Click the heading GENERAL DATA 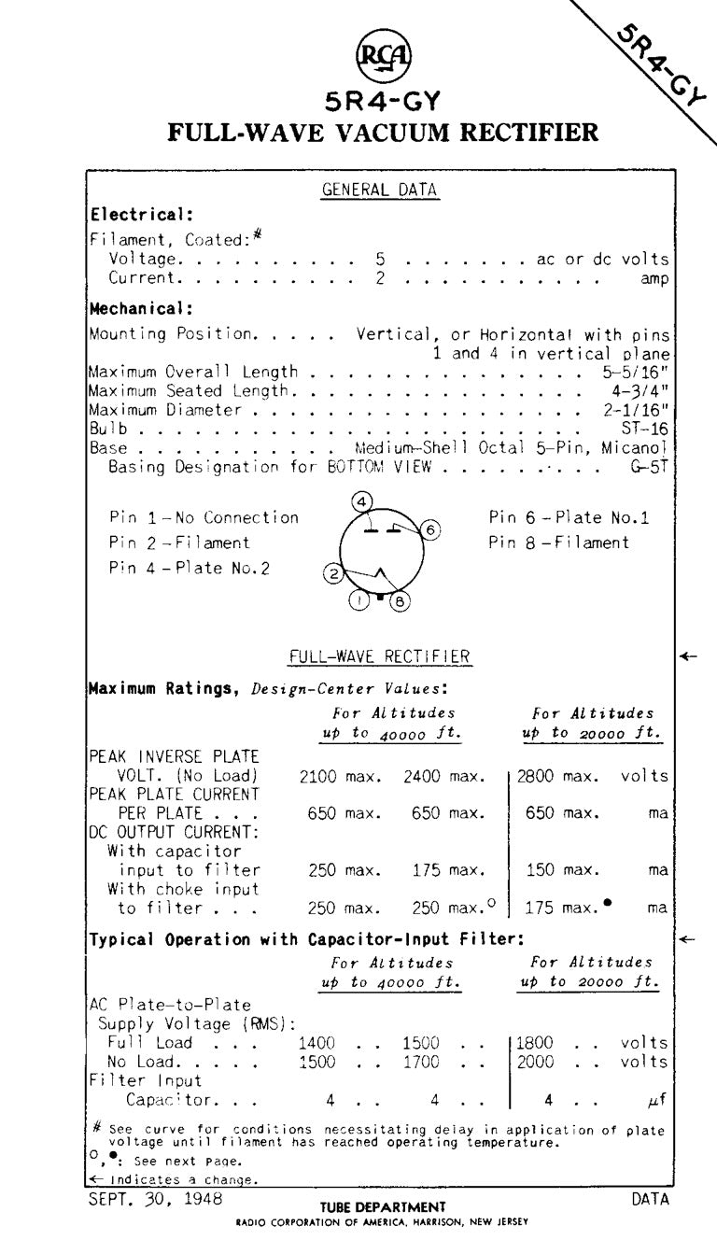pos(380,190)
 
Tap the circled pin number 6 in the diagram pos(429,530)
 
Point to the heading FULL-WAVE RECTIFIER pos(380,657)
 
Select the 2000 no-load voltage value pos(535,1062)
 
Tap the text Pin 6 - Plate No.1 pos(569,517)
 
